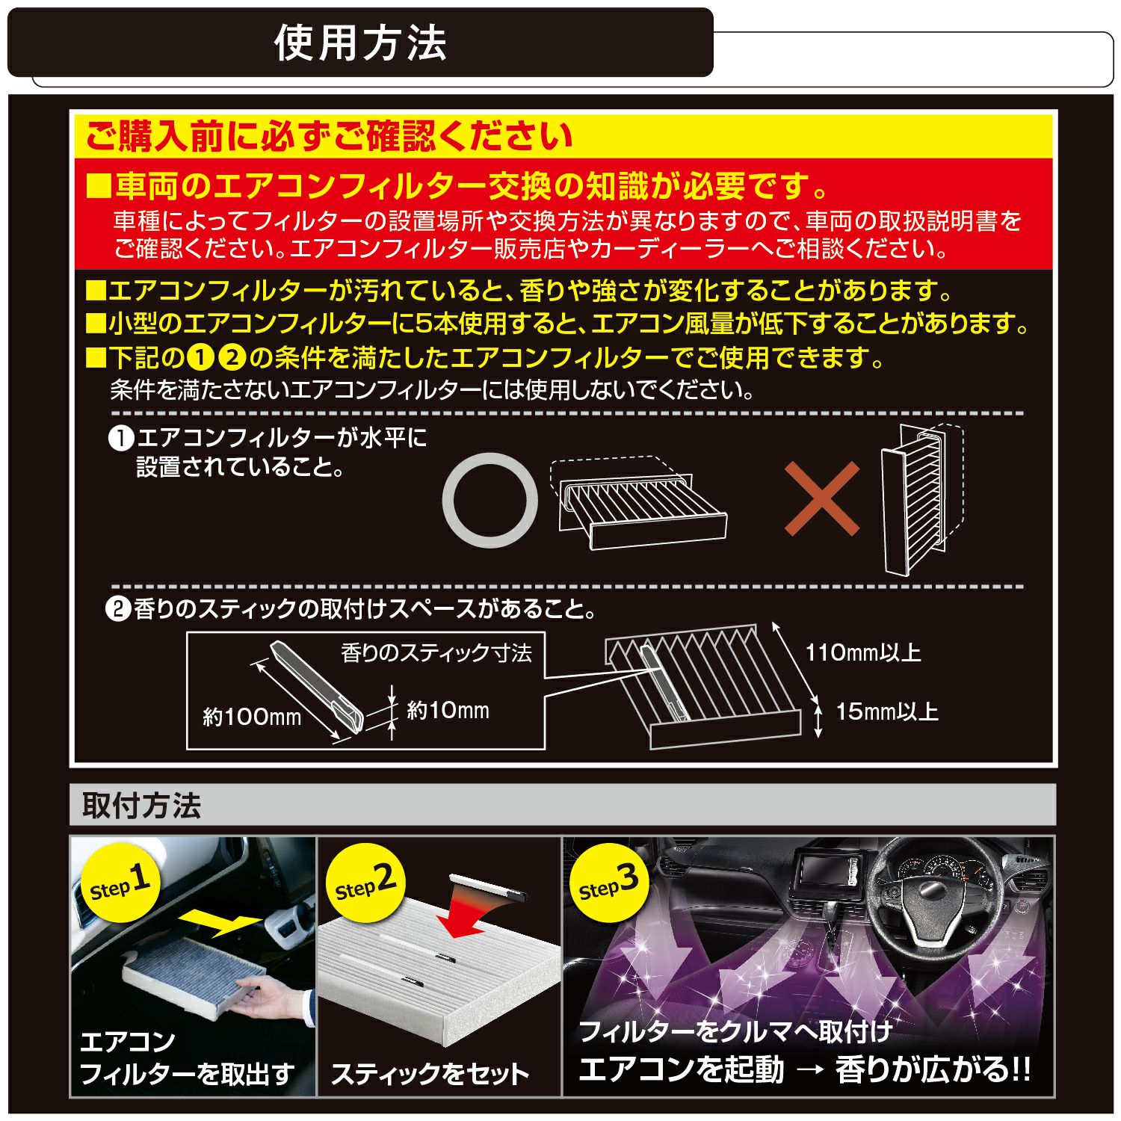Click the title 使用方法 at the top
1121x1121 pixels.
(x=360, y=43)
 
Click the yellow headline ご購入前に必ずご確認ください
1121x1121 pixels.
(x=330, y=137)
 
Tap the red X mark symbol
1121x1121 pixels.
(x=822, y=498)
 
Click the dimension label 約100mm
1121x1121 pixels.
(x=252, y=717)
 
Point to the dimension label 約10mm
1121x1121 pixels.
(x=448, y=711)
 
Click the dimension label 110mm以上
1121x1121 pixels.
(x=863, y=652)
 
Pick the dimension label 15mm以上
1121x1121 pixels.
(x=886, y=711)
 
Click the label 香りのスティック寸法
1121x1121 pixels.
(x=436, y=653)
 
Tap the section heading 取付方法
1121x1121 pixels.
(x=142, y=806)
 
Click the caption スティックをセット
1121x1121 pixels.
(x=430, y=1074)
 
